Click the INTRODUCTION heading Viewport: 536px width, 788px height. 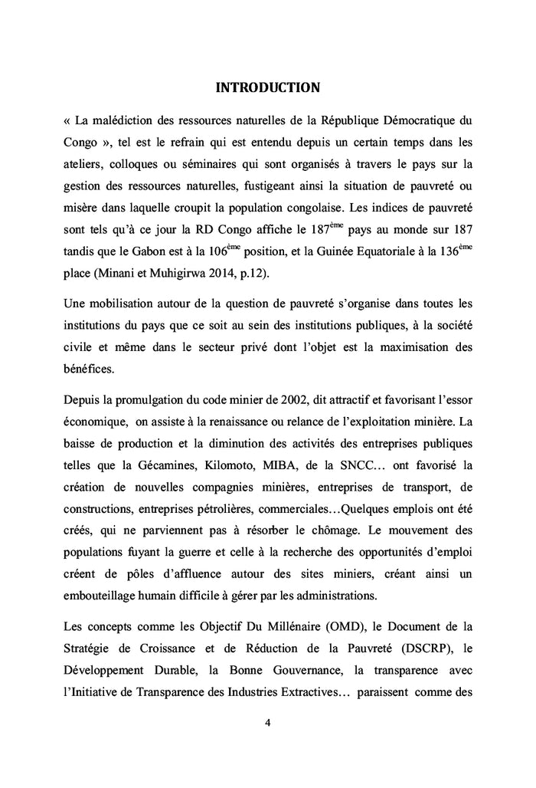pyautogui.click(x=267, y=87)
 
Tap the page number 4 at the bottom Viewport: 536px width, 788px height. pyautogui.click(x=268, y=722)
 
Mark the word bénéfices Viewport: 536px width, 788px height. pyautogui.click(x=89, y=368)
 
